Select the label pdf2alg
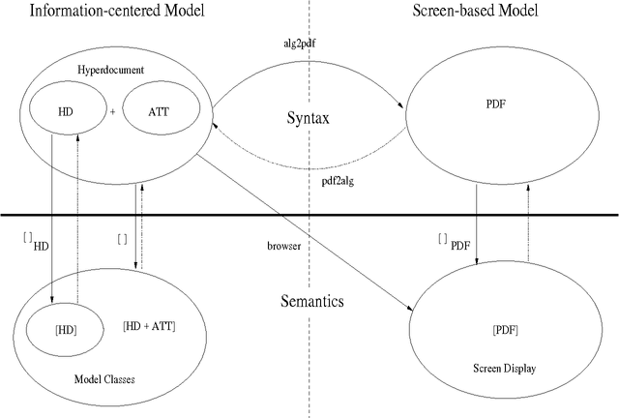pos(339,180)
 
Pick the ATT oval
pos(154,110)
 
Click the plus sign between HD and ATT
pos(112,111)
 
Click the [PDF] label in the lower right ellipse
pos(506,330)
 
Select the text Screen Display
pos(506,368)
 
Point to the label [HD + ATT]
pos(149,326)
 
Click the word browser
pos(282,247)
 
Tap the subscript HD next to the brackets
pos(41,247)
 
